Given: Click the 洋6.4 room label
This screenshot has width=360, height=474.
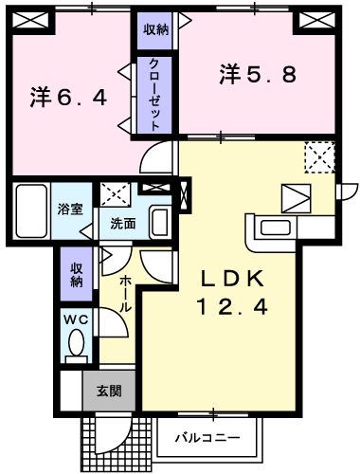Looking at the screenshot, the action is (x=68, y=98).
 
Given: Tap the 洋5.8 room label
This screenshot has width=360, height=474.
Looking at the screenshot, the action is (x=258, y=74).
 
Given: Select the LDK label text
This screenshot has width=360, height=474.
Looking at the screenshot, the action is (x=233, y=279).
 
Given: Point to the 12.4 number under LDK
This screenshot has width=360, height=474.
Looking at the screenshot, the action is (x=232, y=307).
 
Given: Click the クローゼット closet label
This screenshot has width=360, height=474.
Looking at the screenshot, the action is (x=154, y=94).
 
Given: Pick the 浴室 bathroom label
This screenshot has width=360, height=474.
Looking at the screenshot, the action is (x=70, y=210).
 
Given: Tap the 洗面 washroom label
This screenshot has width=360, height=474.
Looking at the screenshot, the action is (x=123, y=224).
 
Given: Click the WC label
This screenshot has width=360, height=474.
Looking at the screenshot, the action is (x=76, y=319).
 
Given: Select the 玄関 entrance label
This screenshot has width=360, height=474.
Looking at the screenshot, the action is (x=109, y=392).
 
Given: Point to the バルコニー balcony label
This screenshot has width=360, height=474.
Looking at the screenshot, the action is (x=208, y=438).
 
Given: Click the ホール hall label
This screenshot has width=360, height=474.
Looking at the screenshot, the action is (x=126, y=294).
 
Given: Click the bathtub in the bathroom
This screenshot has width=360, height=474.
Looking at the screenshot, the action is (x=31, y=211).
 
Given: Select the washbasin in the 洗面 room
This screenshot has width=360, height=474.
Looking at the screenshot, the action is (x=159, y=222).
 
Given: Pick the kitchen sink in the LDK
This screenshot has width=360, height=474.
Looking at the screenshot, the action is (x=276, y=228).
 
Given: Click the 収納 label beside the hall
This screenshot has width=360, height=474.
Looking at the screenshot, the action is (x=77, y=275).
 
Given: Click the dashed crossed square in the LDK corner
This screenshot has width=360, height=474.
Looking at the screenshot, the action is (x=320, y=157).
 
